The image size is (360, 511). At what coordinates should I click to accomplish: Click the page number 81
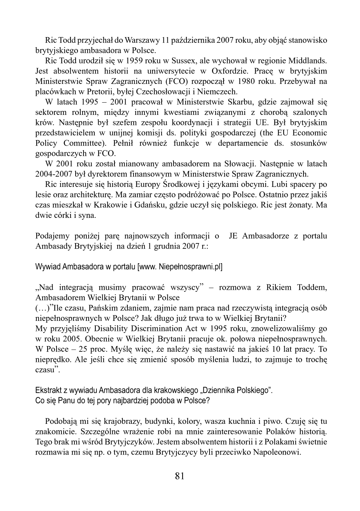tap(180, 476)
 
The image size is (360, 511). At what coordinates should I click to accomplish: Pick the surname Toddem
tap(312, 287)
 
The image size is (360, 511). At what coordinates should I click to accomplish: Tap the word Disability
tap(112, 328)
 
